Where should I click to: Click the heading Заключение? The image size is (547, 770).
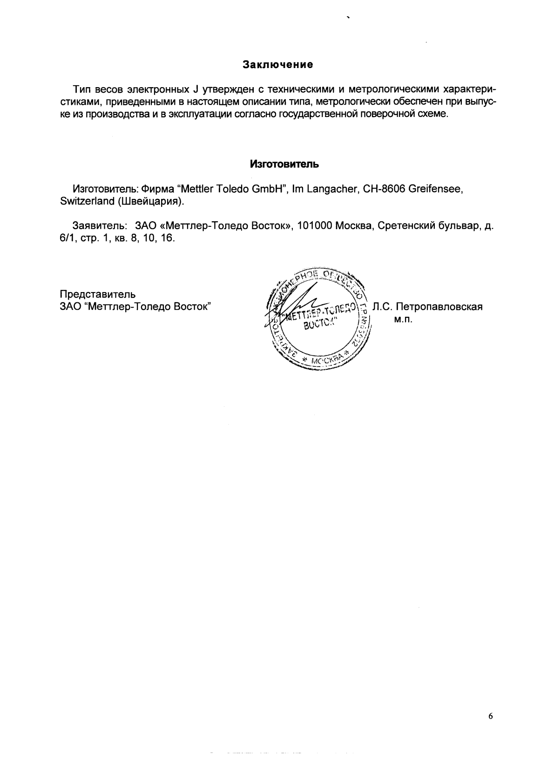click(x=277, y=65)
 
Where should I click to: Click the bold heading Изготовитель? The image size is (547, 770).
click(x=284, y=164)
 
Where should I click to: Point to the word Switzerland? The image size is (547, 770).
click(x=87, y=201)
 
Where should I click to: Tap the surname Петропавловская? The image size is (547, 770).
click(x=439, y=307)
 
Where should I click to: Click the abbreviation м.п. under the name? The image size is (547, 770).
click(x=404, y=320)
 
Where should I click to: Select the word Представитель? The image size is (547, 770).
click(x=98, y=294)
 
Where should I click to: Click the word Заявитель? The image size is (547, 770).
click(x=100, y=226)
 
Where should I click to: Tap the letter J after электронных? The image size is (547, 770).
click(x=196, y=89)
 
